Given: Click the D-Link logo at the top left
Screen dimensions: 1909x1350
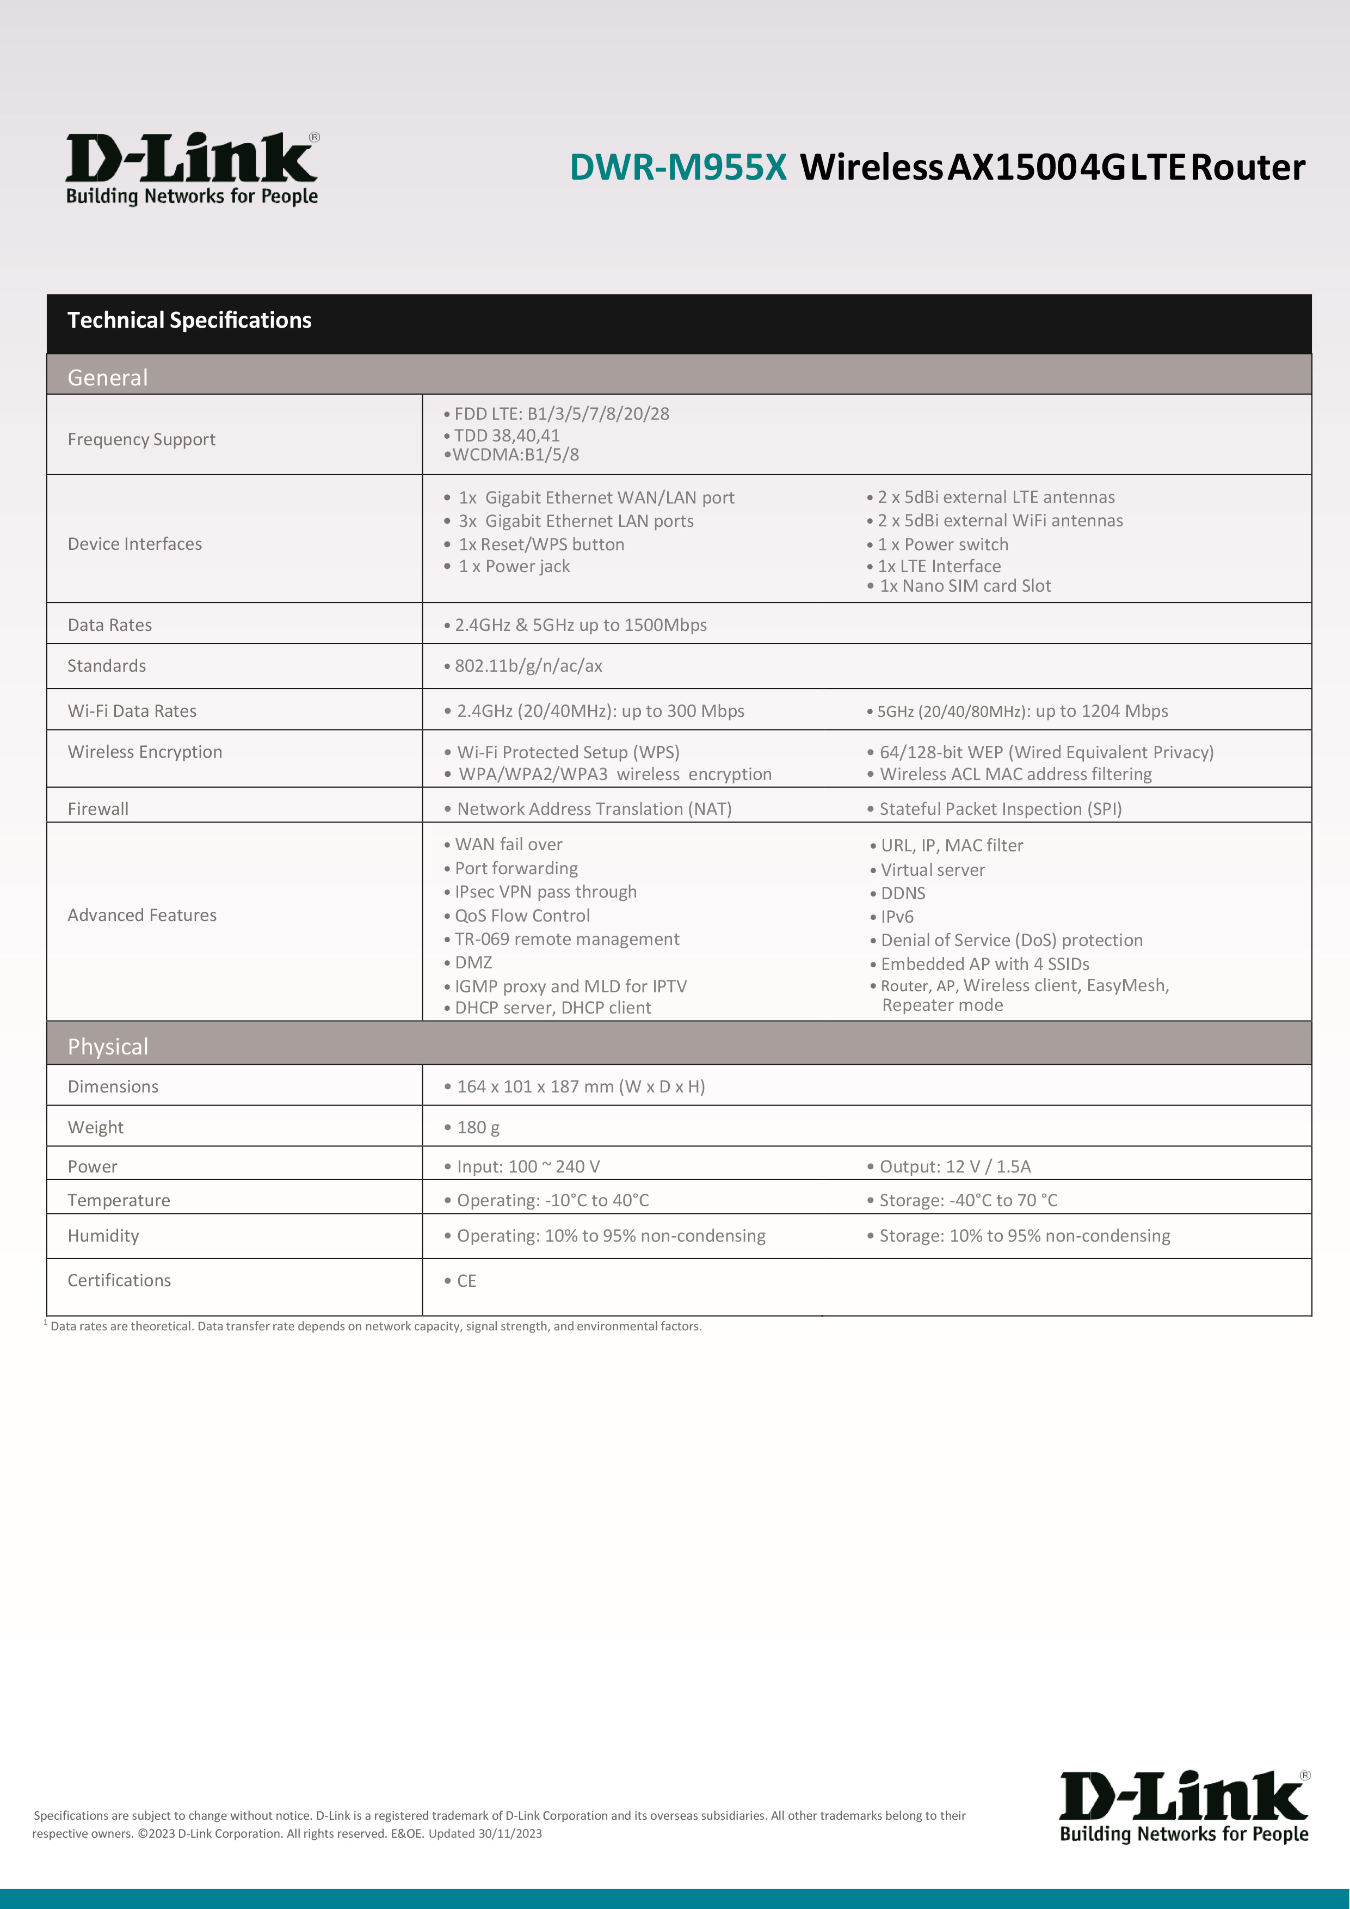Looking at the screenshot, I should (192, 168).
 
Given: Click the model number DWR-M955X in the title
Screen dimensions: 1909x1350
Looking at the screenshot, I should (677, 167).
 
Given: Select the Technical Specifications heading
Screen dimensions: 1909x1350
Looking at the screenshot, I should (189, 320).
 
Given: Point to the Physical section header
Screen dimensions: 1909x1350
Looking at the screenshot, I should (108, 1046).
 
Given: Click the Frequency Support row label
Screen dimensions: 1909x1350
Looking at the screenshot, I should (141, 439).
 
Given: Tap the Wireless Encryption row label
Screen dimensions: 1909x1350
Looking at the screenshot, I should (145, 752).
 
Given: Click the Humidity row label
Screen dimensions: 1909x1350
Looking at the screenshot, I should (103, 1236).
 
